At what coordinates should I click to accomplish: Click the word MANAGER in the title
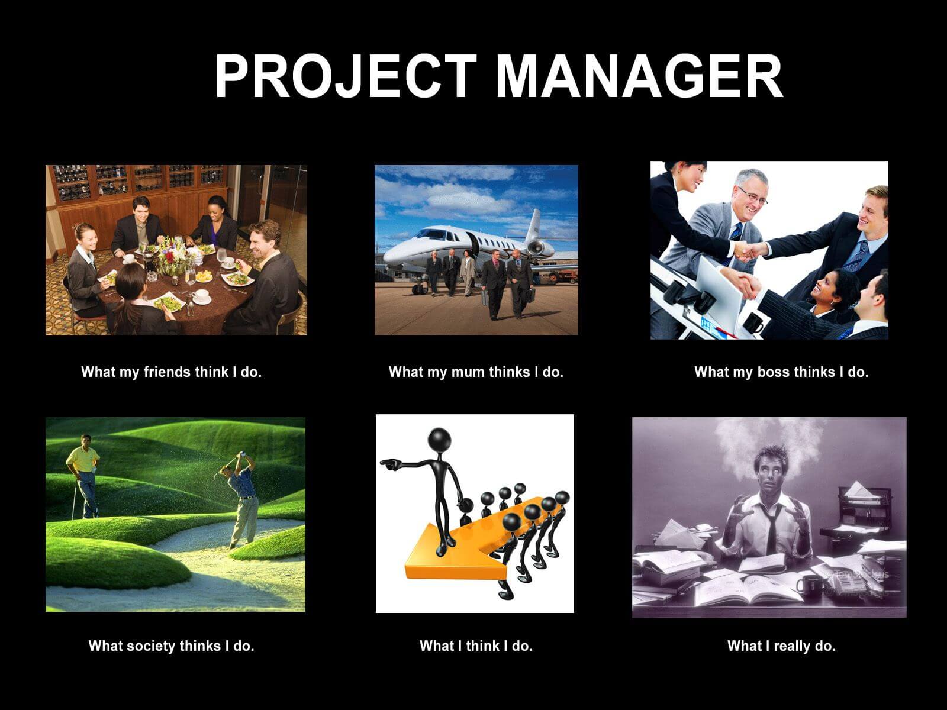(x=639, y=77)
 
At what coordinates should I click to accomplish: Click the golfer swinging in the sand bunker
(x=243, y=497)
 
